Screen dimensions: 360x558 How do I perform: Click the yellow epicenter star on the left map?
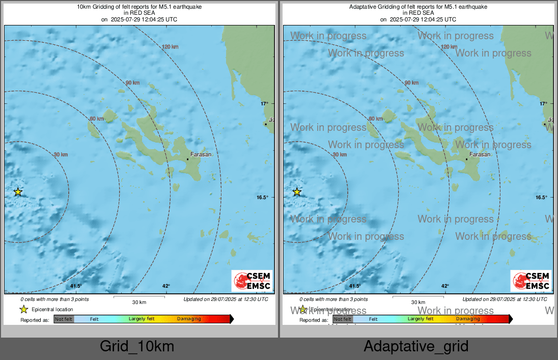coord(18,192)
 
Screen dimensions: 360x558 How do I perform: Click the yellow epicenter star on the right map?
coord(297,192)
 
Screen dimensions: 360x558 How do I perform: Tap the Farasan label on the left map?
coord(201,154)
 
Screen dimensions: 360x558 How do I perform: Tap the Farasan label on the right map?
coord(480,154)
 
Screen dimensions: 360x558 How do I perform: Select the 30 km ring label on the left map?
coord(61,154)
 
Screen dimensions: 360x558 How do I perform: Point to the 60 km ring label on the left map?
coord(97,119)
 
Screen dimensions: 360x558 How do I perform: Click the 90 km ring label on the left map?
coord(132,82)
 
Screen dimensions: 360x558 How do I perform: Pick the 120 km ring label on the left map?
coord(170,47)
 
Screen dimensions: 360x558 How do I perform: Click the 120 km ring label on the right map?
coord(449,47)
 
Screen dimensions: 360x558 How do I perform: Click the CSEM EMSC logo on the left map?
coord(252,281)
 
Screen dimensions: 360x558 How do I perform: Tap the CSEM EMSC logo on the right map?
coord(531,281)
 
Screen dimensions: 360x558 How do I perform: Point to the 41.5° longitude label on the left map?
coord(76,286)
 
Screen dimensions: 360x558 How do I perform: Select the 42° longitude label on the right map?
coord(445,286)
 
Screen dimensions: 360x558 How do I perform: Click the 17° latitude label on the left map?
coord(265,104)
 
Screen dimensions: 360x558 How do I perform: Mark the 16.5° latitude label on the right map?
coord(541,198)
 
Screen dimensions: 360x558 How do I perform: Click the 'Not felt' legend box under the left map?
coord(64,319)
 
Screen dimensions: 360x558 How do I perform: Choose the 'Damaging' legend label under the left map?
coord(189,319)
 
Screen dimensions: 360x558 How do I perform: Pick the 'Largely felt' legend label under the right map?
coord(421,319)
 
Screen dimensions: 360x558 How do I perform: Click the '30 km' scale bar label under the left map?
coord(139,302)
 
